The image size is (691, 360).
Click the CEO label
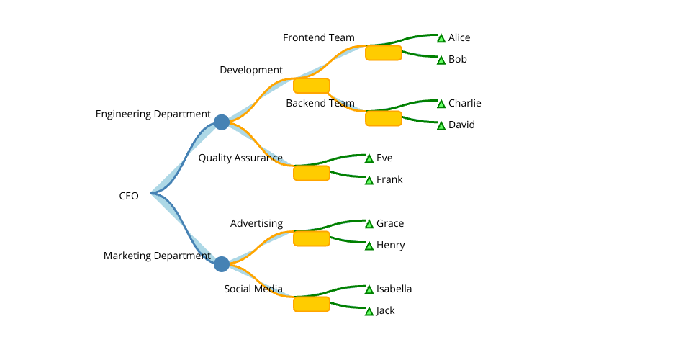[x=129, y=196]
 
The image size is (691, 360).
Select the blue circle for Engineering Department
[x=222, y=122]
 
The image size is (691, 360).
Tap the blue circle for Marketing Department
[x=222, y=264]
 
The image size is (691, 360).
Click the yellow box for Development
[x=312, y=86]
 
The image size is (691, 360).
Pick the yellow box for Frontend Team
[x=384, y=53]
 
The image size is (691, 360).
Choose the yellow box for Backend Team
[x=384, y=118]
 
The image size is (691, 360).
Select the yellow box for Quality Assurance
[x=312, y=173]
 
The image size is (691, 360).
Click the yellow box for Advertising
[x=312, y=238]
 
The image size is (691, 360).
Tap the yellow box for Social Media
[x=312, y=304]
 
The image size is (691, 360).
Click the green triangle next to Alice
[x=441, y=38]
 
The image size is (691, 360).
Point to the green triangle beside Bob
[x=441, y=60]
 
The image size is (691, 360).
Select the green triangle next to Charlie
[x=441, y=104]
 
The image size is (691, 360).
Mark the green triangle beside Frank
[x=369, y=181]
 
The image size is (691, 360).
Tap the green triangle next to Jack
[x=369, y=312]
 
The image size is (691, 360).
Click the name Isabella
[x=394, y=289]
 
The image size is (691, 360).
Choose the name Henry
[x=391, y=245]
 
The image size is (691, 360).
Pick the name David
[x=461, y=125]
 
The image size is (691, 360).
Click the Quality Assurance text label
[x=240, y=158]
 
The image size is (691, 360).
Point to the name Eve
[x=384, y=158]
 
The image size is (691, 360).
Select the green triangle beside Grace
[x=369, y=224]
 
